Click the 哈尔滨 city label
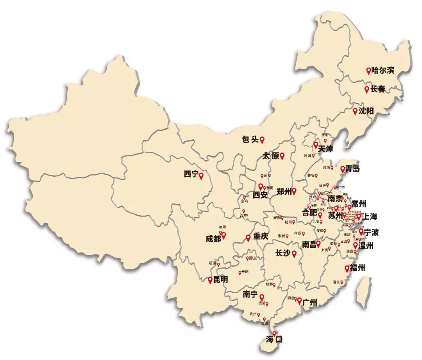[383, 71]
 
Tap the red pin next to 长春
[367, 89]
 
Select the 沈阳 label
[366, 111]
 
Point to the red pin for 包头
[262, 139]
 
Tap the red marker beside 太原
[282, 156]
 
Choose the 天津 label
[325, 149]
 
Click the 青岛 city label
[352, 169]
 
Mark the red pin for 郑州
[294, 191]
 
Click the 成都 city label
[213, 239]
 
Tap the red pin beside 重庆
[248, 237]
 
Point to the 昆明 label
[220, 280]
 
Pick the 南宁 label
[250, 294]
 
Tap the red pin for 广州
[299, 301]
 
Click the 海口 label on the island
[274, 339]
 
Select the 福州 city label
[358, 269]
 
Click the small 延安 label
[267, 176]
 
